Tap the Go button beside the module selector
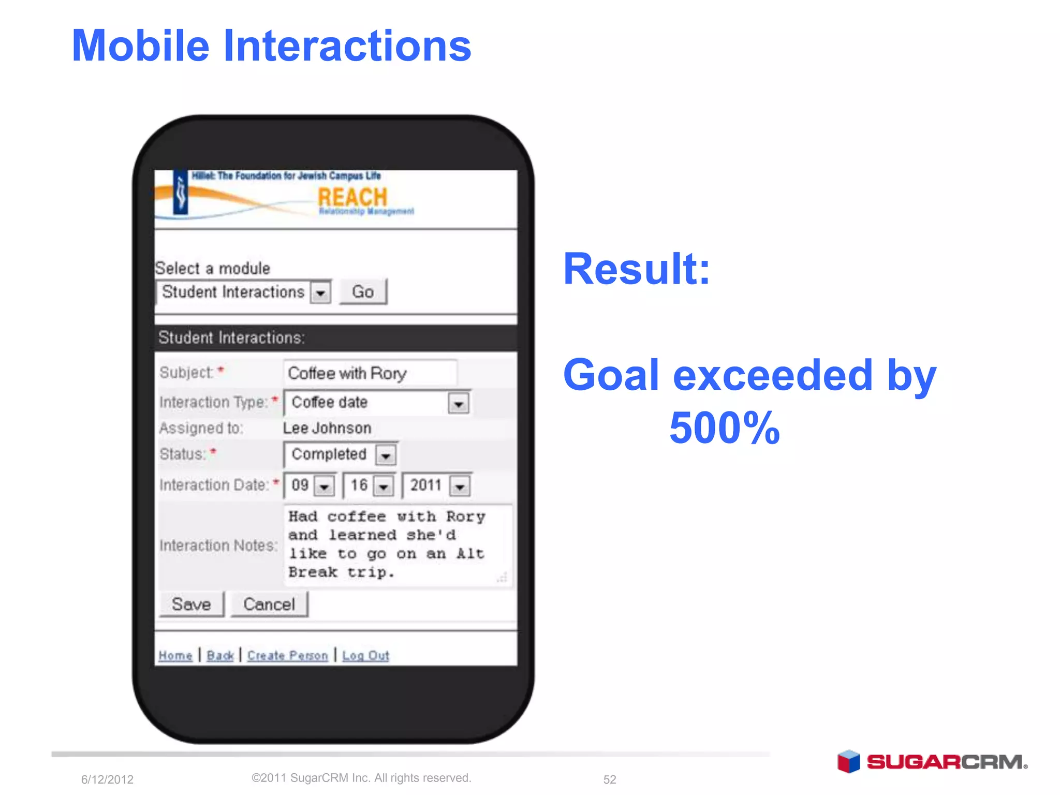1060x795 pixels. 363,292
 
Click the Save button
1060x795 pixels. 192,604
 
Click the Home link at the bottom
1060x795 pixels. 175,656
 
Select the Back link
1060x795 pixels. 220,656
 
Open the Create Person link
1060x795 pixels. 288,656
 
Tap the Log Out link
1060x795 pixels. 365,656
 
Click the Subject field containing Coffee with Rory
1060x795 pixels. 370,373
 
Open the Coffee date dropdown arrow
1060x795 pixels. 459,403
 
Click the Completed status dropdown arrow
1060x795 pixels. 386,455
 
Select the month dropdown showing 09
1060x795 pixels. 325,486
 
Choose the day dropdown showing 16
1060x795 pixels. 384,486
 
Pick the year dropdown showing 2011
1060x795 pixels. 460,486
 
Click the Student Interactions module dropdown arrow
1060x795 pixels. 320,293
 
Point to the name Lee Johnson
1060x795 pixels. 327,428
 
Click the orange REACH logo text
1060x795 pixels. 352,197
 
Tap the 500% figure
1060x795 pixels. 724,428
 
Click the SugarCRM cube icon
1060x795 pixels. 848,761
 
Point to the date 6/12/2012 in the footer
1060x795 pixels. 107,779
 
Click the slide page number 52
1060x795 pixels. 610,779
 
